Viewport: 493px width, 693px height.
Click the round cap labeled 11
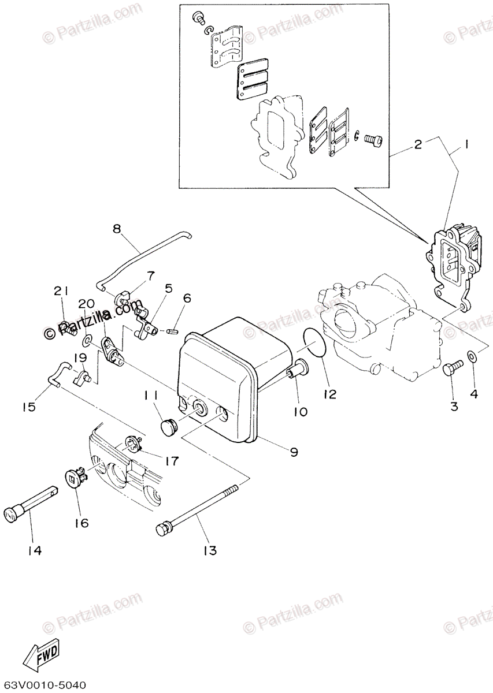(x=169, y=427)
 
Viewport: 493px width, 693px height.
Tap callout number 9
(x=294, y=452)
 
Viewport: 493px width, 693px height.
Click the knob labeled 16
(x=77, y=480)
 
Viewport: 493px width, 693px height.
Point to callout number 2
(x=418, y=144)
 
